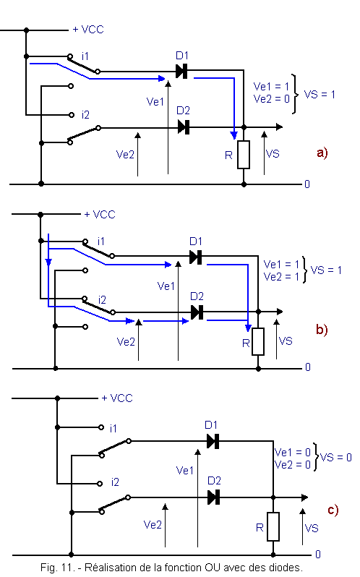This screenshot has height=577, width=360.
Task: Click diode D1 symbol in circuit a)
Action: [x=181, y=71]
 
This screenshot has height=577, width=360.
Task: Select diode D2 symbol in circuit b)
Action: [x=197, y=312]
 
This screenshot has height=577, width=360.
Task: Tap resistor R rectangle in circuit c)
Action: [x=273, y=526]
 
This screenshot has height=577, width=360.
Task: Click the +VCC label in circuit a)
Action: [x=88, y=30]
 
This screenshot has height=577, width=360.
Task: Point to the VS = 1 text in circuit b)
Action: [x=326, y=270]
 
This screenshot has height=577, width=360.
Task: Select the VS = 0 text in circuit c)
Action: [x=336, y=458]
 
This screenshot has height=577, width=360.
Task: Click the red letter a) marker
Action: [x=322, y=153]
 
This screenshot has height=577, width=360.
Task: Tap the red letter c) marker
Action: [x=333, y=510]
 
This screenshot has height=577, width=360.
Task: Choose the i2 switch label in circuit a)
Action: [x=85, y=115]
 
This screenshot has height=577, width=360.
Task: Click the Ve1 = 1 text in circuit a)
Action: [x=271, y=87]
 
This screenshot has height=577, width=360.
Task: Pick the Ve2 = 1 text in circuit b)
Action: [x=282, y=276]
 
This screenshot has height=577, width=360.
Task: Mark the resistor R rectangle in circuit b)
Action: [x=258, y=341]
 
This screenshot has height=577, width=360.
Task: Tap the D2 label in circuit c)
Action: [x=215, y=481]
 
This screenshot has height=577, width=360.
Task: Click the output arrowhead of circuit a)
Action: [x=280, y=127]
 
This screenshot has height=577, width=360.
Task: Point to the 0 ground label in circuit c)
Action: [x=318, y=554]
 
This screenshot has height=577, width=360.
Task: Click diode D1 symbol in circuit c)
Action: [x=213, y=441]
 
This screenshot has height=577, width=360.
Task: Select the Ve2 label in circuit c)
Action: [x=153, y=524]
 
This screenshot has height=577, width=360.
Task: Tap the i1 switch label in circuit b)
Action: [x=101, y=241]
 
